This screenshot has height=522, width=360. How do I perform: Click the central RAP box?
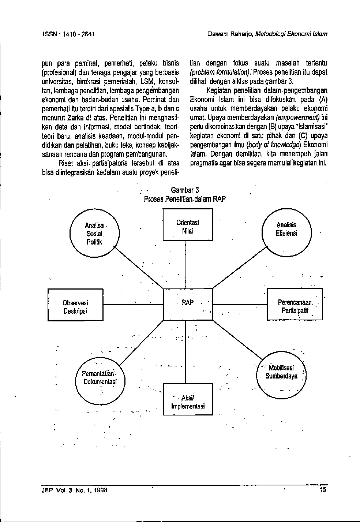(x=188, y=304)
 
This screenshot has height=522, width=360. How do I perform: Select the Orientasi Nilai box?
(x=187, y=225)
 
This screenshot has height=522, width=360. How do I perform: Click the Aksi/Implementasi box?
(x=188, y=399)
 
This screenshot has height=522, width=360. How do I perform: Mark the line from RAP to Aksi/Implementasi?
(x=185, y=351)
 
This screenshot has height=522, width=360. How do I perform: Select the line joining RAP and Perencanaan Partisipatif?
(x=240, y=305)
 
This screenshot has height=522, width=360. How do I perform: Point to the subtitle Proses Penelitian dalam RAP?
(x=185, y=199)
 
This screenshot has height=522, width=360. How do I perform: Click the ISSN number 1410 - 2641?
(x=79, y=34)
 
